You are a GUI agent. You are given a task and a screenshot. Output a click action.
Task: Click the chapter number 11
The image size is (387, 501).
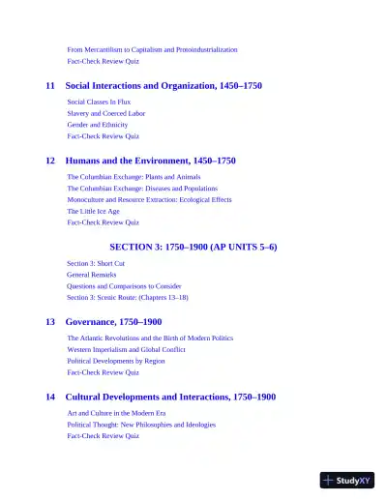tap(50, 86)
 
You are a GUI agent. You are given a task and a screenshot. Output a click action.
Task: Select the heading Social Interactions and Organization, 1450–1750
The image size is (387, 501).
tap(163, 86)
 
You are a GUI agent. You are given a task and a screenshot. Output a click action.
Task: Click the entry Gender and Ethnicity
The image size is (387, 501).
tap(99, 125)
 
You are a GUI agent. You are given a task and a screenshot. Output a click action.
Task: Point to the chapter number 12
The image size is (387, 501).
tap(50, 161)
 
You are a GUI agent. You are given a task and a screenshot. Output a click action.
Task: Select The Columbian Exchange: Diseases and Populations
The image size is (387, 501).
tap(142, 189)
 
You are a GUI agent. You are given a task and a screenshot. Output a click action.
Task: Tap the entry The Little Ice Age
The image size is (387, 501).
tap(93, 211)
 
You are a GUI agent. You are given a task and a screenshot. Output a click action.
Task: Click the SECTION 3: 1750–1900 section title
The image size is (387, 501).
tap(193, 247)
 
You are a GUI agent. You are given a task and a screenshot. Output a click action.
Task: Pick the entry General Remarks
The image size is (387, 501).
tap(92, 275)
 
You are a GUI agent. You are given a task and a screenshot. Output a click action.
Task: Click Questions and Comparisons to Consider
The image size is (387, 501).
tap(124, 286)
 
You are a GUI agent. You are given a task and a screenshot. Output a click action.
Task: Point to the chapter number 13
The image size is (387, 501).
tap(50, 321)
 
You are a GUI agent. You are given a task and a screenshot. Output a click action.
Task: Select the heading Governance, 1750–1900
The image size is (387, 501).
tap(113, 321)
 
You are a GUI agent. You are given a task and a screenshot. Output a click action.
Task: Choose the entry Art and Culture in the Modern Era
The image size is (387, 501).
tap(122, 413)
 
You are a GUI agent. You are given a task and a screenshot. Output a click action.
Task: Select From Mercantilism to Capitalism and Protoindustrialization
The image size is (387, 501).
tap(152, 49)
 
